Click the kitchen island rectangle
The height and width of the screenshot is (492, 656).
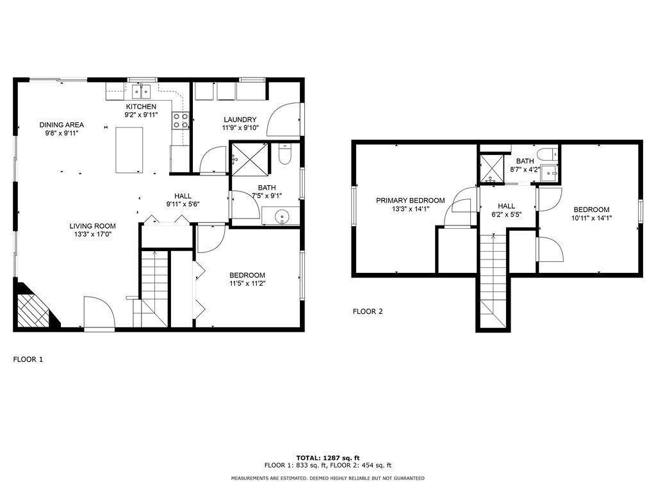tap(129, 150)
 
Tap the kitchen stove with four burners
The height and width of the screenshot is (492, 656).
tap(181, 121)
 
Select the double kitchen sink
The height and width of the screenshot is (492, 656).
tap(142, 91)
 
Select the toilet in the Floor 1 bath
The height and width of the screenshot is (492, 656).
tap(285, 154)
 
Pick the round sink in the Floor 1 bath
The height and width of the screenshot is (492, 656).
tap(282, 217)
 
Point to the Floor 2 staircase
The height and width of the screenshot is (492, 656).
tap(493, 281)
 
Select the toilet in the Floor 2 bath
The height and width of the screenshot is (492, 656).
tap(548, 154)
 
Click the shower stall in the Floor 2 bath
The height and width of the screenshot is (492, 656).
tap(492, 168)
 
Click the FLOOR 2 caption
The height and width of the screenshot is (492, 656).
tap(368, 311)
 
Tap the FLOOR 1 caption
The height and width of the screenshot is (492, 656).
tap(28, 359)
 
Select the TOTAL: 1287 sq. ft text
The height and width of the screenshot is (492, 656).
tap(328, 458)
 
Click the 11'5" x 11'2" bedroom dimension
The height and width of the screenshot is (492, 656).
tap(247, 283)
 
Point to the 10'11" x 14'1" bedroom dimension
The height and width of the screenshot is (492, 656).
tap(591, 218)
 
